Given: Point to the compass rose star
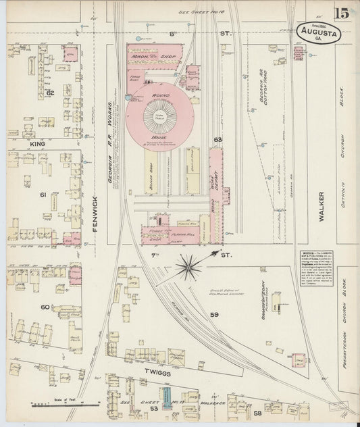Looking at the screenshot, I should pos(190,266).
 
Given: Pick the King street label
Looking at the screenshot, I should pos(36,144).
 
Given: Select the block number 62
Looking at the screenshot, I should pos(50,92).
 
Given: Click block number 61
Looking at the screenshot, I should pos(43,195).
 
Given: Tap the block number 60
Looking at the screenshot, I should pos(45,307).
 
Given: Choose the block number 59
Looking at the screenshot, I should pos(215,314).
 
